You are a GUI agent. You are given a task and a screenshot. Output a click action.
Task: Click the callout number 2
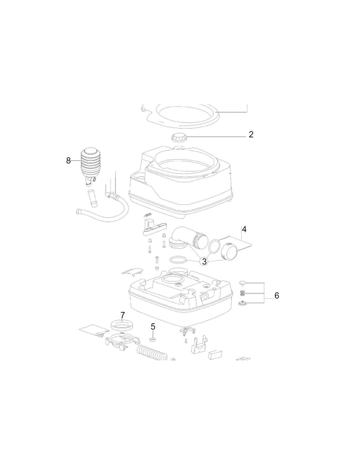pyautogui.click(x=251, y=134)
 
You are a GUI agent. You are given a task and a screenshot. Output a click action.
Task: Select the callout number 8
pyautogui.click(x=68, y=161)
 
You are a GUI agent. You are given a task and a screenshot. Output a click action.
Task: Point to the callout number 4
pyautogui.click(x=244, y=230)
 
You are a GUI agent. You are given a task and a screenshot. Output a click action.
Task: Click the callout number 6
pyautogui.click(x=277, y=296)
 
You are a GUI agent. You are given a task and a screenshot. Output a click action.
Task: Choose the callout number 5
pyautogui.click(x=153, y=327)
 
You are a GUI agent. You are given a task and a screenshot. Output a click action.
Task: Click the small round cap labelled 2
pyautogui.click(x=179, y=137)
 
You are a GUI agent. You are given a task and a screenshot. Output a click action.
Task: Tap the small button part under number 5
pyautogui.click(x=153, y=340)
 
